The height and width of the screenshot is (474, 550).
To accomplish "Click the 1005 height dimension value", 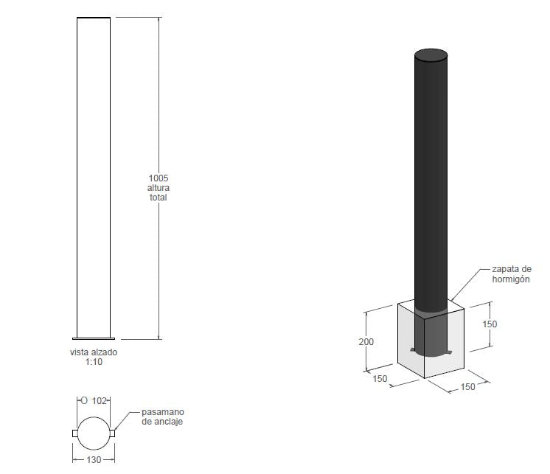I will (x=159, y=178).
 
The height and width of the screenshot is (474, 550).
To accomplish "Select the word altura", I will (x=159, y=187).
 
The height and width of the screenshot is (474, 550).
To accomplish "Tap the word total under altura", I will (x=159, y=197).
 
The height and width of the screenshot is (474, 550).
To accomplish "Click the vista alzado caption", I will (x=93, y=352).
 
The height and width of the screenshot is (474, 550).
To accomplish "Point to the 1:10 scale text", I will (x=93, y=362).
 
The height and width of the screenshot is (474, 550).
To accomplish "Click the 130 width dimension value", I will (x=93, y=460).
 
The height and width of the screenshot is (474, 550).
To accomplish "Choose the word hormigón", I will (x=510, y=279).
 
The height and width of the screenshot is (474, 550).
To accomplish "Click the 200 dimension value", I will (x=366, y=341).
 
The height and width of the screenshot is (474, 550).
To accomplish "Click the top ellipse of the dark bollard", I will (x=431, y=55).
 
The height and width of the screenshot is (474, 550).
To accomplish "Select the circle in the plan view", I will (x=94, y=433).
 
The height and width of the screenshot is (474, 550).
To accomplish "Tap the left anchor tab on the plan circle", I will (x=74, y=433).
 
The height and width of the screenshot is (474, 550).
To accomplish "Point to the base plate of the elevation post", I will (x=94, y=339).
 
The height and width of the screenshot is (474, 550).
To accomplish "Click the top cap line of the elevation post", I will (x=94, y=18).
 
